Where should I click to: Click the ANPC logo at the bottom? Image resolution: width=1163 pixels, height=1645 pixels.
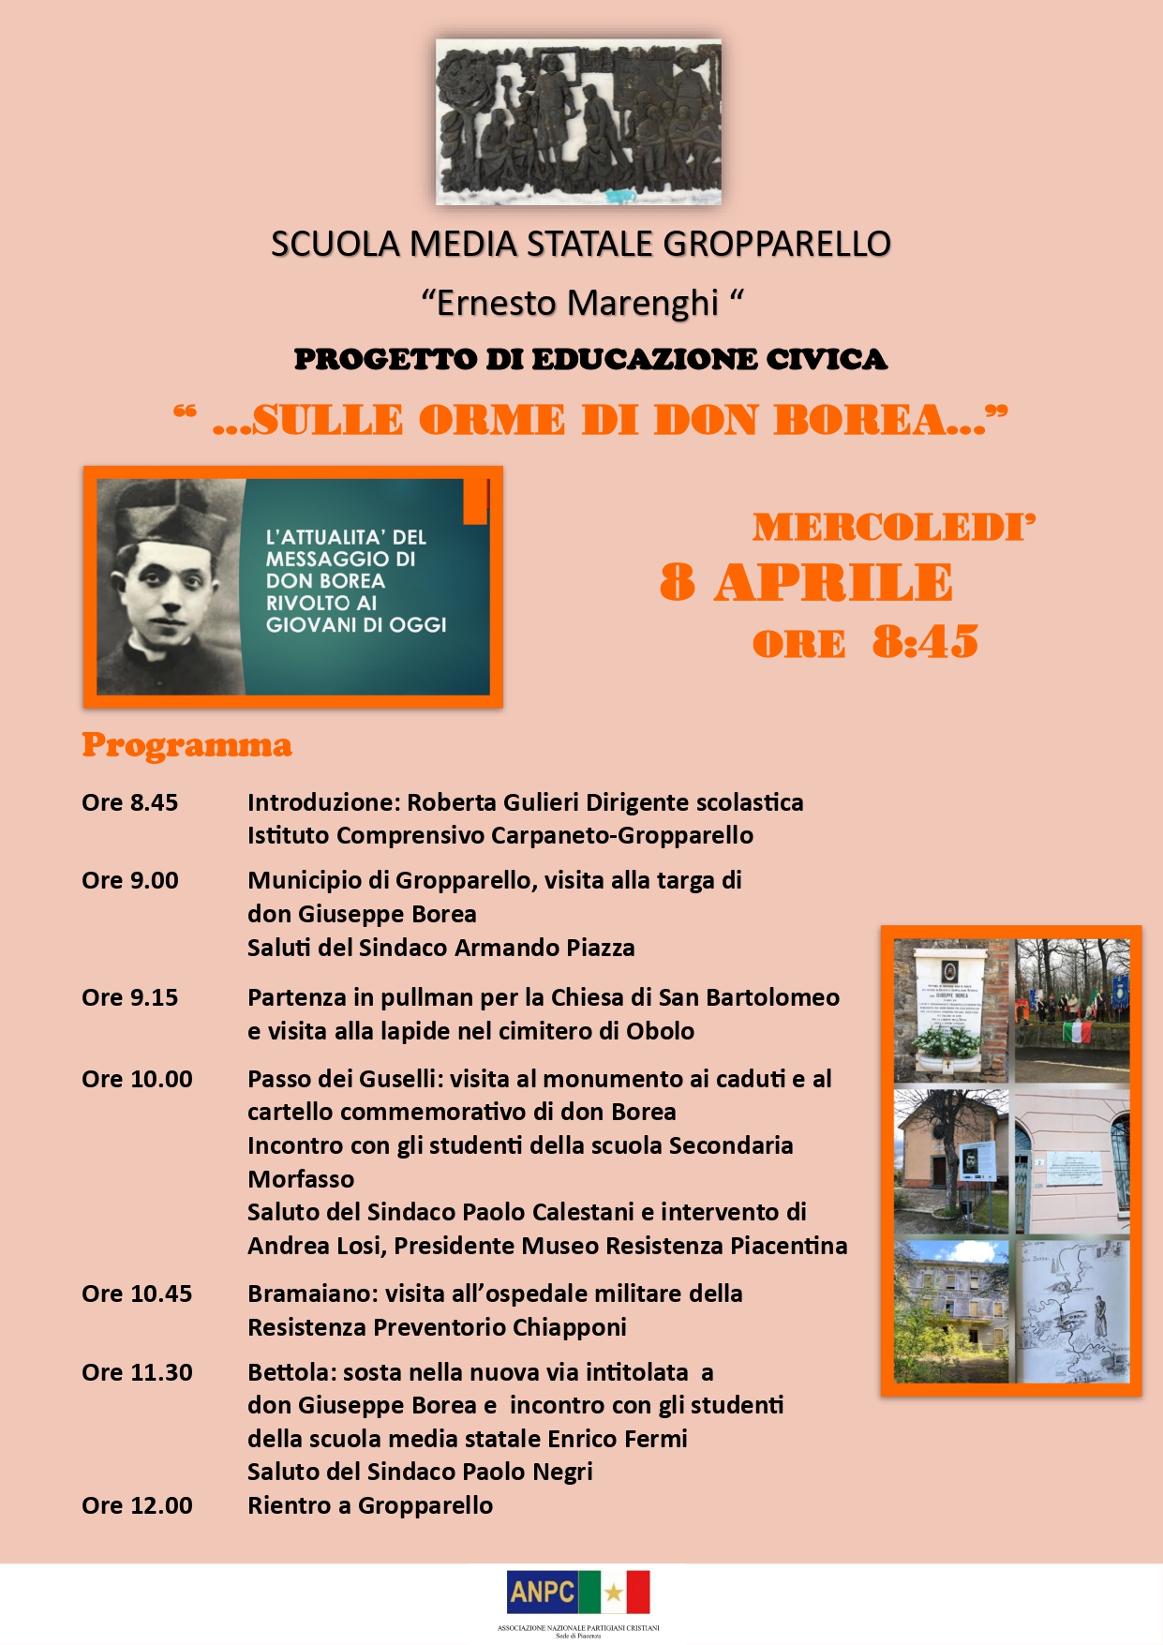pyautogui.click(x=578, y=1592)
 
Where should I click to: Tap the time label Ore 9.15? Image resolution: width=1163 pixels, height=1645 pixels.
pyautogui.click(x=129, y=997)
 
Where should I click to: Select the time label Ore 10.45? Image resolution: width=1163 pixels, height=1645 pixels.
pyautogui.click(x=137, y=1294)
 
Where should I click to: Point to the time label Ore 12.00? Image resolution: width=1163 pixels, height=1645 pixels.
pyautogui.click(x=137, y=1505)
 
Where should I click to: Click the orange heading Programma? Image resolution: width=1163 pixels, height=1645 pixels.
pyautogui.click(x=186, y=745)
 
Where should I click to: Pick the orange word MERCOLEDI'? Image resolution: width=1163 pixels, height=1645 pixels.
pyautogui.click(x=893, y=528)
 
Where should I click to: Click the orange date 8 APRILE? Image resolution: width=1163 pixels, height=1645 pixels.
pyautogui.click(x=806, y=582)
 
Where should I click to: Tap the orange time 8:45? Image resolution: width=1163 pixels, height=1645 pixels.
pyautogui.click(x=925, y=643)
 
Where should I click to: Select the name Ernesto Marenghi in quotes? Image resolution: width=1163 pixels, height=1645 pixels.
pyautogui.click(x=577, y=303)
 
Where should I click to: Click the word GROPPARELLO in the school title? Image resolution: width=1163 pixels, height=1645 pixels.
pyautogui.click(x=777, y=244)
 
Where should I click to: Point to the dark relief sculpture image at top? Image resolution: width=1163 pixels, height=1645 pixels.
pyautogui.click(x=578, y=122)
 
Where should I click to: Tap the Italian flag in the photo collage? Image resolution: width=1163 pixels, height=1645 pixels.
pyautogui.click(x=1077, y=1033)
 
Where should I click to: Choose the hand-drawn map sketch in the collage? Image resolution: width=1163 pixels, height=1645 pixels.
pyautogui.click(x=1073, y=1312)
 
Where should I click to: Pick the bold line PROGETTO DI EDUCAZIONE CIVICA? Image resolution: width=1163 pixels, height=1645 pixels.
pyautogui.click(x=590, y=360)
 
